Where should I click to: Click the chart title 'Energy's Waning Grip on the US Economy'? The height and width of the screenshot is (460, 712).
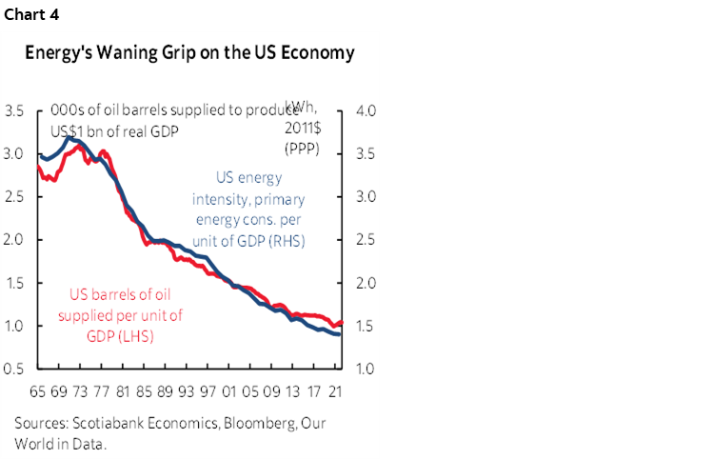[190, 53]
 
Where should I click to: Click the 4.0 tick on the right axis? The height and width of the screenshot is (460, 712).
[366, 111]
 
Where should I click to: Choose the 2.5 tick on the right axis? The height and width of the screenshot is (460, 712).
[366, 240]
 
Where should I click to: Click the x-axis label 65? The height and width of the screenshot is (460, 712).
[37, 390]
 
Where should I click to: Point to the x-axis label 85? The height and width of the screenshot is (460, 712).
[143, 390]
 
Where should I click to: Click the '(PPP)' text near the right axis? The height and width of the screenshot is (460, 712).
[302, 150]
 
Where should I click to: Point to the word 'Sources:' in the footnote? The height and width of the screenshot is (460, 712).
[41, 422]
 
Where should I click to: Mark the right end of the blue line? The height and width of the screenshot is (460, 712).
[340, 334]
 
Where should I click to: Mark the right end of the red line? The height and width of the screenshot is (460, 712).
[342, 323]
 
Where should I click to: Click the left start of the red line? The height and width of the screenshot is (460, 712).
[37, 167]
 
